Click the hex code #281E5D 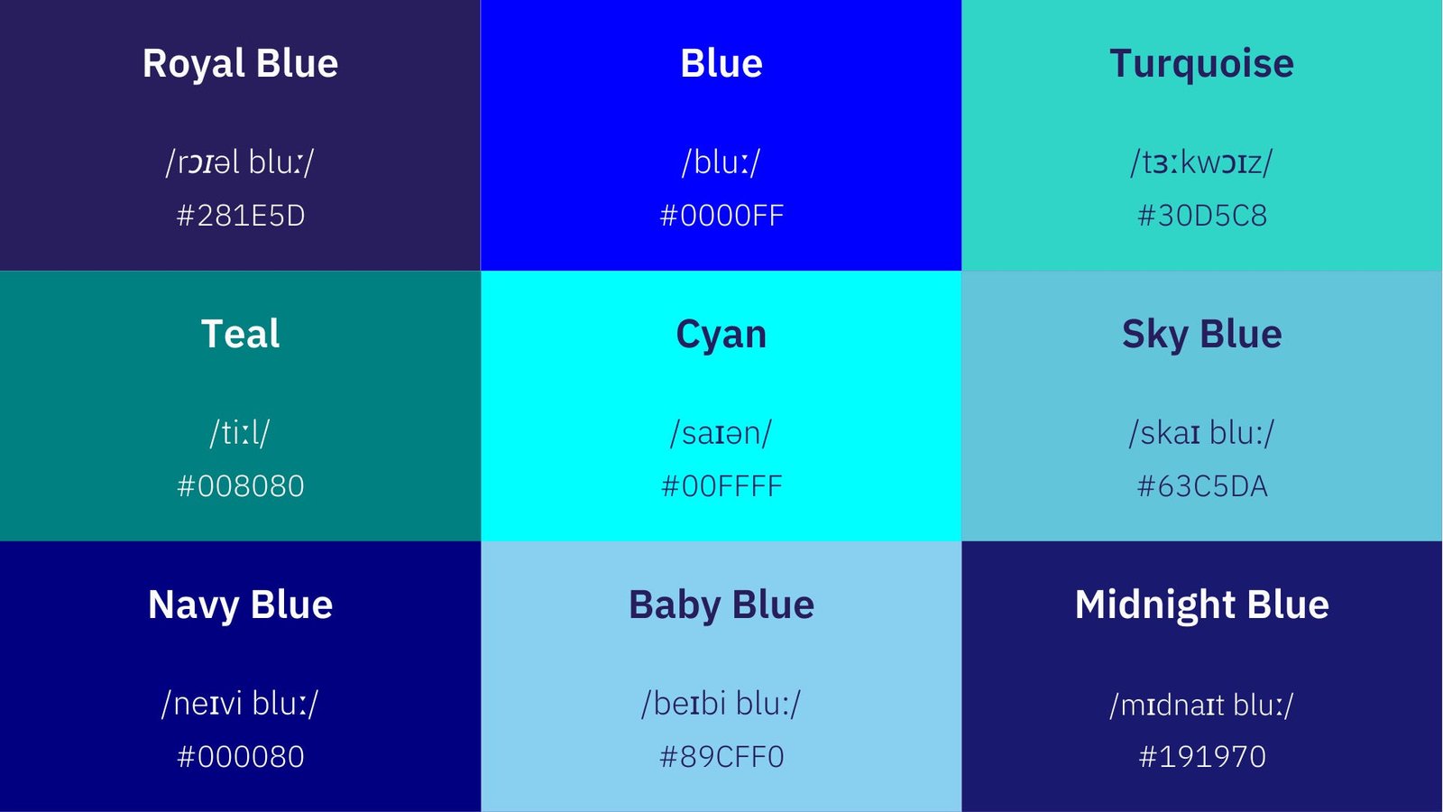click(241, 216)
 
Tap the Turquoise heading click(1201, 64)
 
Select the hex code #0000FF click(721, 216)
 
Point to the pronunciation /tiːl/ click(240, 433)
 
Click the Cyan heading click(721, 335)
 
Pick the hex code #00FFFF click(721, 486)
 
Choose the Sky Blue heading click(1201, 335)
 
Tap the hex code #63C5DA click(1202, 486)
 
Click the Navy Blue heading click(240, 604)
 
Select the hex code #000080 click(241, 757)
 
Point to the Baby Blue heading click(721, 604)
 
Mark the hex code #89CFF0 click(721, 757)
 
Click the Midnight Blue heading click(1201, 604)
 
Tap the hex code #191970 click(1202, 757)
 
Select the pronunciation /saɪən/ click(721, 433)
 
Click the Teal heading click(240, 334)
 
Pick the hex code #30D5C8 click(1202, 216)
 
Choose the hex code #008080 click(241, 486)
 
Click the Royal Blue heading click(240, 64)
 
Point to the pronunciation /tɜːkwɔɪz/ click(1201, 162)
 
